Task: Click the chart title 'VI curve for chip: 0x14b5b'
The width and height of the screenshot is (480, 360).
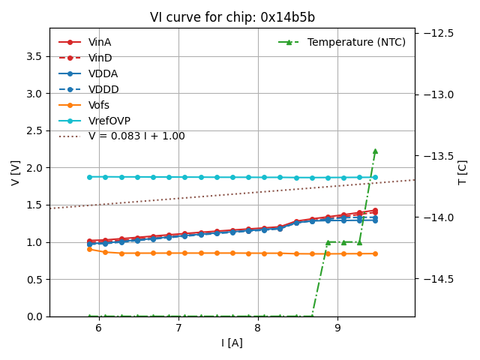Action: [232, 17]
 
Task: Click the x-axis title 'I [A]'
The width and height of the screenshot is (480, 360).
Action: [232, 343]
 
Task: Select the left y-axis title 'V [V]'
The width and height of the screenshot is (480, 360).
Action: [16, 172]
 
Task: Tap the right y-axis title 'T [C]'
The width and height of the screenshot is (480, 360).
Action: [463, 172]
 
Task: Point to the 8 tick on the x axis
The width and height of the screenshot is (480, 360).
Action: [258, 328]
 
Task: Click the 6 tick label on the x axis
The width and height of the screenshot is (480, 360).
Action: [98, 328]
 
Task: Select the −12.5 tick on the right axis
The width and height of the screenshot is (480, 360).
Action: [437, 33]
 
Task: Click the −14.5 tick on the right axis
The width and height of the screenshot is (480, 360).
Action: [437, 279]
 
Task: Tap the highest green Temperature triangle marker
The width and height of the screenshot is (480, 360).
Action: [375, 151]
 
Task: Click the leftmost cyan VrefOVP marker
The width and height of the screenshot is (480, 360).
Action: [89, 177]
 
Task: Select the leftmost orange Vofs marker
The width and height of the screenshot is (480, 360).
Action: [89, 249]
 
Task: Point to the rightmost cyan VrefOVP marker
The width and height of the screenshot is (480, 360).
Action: [375, 177]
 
